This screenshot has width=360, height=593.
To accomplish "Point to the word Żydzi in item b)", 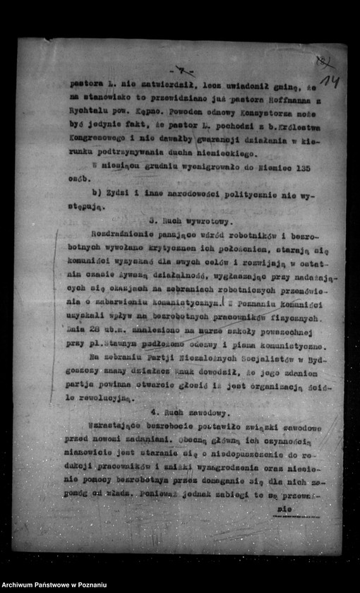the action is click(x=123, y=194).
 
